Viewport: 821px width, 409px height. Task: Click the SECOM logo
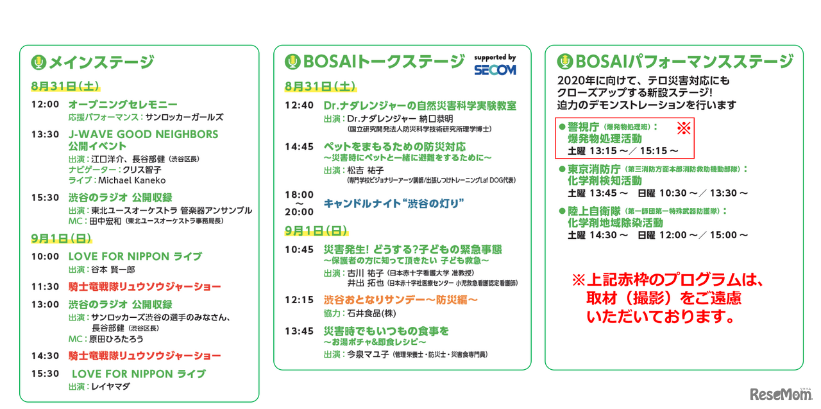coord(495,70)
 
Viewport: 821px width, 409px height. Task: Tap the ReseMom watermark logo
coord(781,394)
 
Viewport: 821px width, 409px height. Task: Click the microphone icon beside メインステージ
coord(38,62)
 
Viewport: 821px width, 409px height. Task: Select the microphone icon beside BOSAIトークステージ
coord(292,62)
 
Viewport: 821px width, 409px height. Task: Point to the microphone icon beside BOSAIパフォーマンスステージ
coord(565,61)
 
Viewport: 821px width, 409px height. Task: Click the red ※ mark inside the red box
coord(684,128)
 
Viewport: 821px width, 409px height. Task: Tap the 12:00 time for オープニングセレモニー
coord(45,105)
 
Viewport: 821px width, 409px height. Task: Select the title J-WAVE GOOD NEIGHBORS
coord(143,134)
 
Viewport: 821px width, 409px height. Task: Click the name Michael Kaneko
coord(132,180)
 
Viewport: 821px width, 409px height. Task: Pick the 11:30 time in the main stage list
coord(45,286)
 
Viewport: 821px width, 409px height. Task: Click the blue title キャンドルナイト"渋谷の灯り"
coord(394,204)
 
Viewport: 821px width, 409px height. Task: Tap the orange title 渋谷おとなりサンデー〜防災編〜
coord(401,300)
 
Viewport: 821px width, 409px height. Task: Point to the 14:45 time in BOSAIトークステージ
coord(299,147)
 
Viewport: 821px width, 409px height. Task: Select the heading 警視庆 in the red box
coord(583,127)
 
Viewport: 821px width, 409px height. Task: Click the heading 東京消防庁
coord(594,169)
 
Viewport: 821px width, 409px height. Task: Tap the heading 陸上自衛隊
coord(594,211)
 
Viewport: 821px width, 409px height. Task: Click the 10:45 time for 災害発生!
coord(299,250)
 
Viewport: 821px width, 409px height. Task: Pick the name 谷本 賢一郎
coord(114,270)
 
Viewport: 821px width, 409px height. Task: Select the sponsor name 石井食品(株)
coord(371,313)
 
